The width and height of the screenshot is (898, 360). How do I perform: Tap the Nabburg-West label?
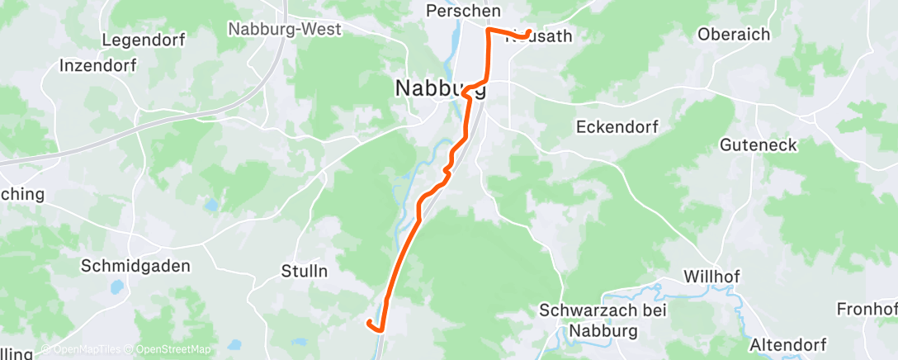(x=284, y=28)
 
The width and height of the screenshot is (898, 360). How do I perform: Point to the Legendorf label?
(x=144, y=40)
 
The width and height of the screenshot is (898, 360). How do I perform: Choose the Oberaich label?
(x=733, y=35)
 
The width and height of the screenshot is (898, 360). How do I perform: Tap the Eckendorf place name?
(x=616, y=126)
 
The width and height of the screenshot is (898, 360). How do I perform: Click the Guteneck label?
(x=758, y=145)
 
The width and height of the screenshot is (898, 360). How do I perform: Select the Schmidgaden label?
(x=135, y=266)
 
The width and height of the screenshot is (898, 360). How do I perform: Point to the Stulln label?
(x=305, y=271)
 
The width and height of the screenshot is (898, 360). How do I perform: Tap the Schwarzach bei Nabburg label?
(x=603, y=320)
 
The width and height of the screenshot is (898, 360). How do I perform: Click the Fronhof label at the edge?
(x=867, y=309)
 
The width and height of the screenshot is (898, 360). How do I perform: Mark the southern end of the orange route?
(x=368, y=322)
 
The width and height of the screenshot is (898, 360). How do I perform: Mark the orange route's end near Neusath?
(x=529, y=33)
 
